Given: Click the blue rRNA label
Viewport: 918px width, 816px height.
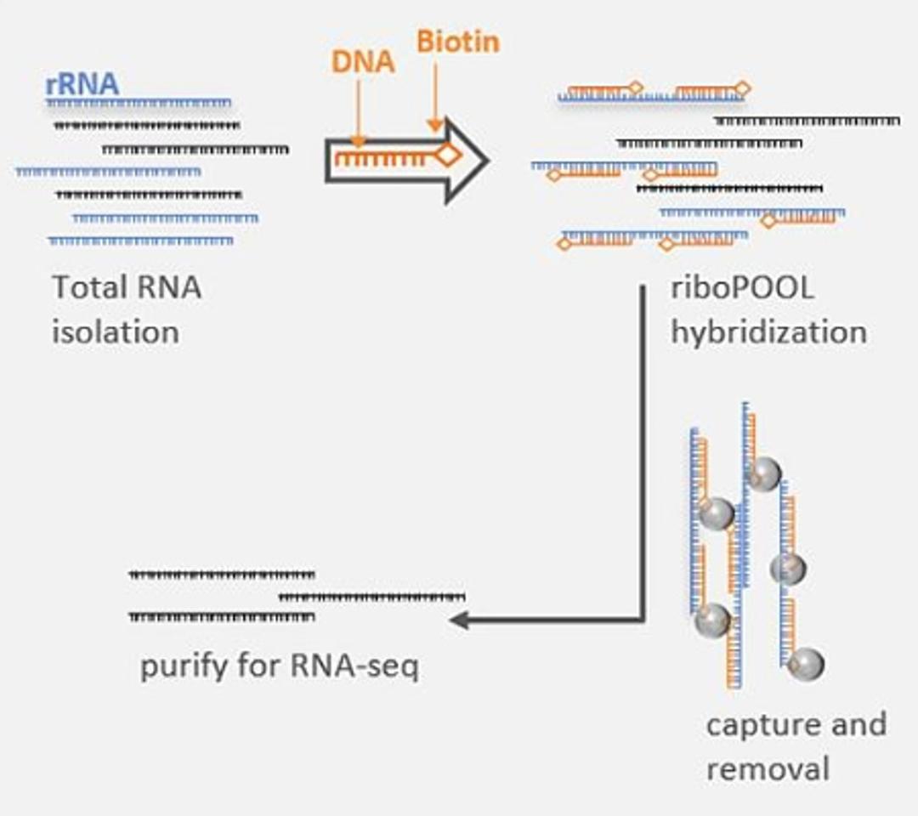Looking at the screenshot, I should pos(82,85).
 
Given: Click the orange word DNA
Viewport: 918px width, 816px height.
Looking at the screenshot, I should pos(364,62).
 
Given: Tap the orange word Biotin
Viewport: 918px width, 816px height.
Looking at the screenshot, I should pos(457,42).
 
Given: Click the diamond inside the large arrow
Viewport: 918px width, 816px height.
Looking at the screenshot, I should pos(448,155).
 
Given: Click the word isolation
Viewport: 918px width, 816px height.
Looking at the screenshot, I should pos(116,331).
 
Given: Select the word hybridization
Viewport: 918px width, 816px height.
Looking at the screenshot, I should pos(768,331).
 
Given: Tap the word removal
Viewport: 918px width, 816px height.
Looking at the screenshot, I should pos(768,769).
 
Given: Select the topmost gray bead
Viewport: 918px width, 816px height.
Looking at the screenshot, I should pos(764,473).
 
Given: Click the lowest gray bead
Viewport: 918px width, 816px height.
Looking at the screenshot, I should pos(806,663).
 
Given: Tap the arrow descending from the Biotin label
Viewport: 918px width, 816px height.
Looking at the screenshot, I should pos(434,98).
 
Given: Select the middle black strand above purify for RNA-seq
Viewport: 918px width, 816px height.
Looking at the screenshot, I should pos(372,597).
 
